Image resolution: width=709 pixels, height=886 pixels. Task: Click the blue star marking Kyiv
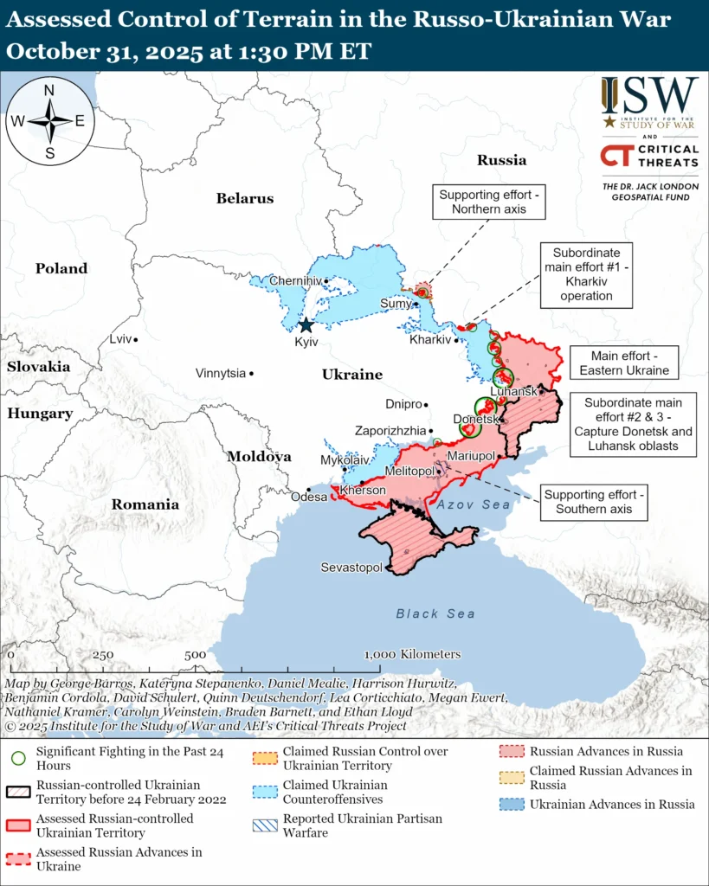point(306,325)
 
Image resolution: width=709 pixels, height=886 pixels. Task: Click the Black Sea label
point(435,613)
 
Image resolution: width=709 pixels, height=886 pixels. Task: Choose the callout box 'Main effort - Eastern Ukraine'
point(624,363)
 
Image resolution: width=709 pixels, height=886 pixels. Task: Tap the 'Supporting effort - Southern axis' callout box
point(594,502)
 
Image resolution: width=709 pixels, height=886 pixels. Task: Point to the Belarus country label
point(244,198)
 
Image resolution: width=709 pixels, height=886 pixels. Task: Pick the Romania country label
point(145,504)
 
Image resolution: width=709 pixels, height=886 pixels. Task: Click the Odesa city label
point(309,497)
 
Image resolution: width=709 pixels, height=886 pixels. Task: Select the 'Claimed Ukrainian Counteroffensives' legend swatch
point(265,792)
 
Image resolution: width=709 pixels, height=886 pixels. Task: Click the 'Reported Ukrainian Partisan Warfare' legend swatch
point(265,825)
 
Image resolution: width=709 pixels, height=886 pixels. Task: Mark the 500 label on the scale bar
point(195,655)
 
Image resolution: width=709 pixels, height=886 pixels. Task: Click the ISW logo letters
point(649,95)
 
